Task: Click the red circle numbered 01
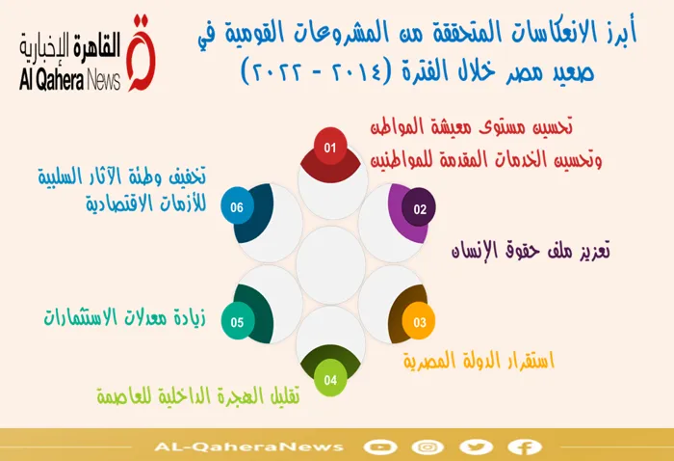(x=330, y=148)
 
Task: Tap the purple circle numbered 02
(x=419, y=208)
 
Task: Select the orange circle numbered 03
(x=419, y=321)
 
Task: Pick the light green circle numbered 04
(x=330, y=379)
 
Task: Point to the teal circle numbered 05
(x=238, y=321)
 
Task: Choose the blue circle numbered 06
(x=238, y=206)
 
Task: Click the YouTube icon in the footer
(x=379, y=447)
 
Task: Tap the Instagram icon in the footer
(x=428, y=447)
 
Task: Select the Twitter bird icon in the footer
(x=476, y=447)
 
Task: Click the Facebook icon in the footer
(x=524, y=447)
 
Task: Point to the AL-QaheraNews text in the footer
(x=248, y=447)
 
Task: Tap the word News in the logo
(x=104, y=80)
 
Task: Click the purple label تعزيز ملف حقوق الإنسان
(x=531, y=251)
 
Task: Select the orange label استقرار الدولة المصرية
(x=479, y=361)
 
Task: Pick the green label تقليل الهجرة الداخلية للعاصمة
(x=198, y=395)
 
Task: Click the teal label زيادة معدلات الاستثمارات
(x=124, y=317)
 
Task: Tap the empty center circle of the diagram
(x=330, y=265)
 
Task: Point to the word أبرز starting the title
(x=617, y=32)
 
